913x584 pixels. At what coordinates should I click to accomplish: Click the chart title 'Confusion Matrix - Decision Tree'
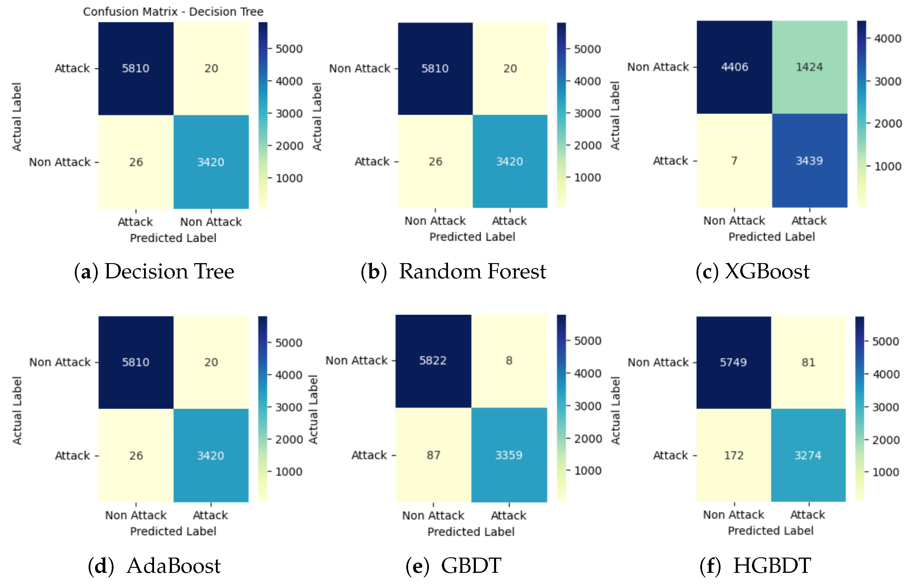click(x=173, y=12)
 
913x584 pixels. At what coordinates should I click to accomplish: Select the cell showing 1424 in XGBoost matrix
click(x=809, y=67)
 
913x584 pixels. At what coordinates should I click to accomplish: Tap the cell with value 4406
click(x=734, y=67)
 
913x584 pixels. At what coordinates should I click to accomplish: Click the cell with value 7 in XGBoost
click(x=734, y=161)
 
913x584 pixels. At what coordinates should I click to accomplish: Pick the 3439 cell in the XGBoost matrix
click(x=809, y=161)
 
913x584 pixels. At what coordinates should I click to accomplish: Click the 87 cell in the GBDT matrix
click(x=433, y=455)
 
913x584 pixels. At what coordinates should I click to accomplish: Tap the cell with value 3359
click(x=509, y=455)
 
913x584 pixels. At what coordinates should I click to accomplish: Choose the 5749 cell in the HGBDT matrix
click(x=733, y=362)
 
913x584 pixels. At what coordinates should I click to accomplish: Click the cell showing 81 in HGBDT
click(x=808, y=362)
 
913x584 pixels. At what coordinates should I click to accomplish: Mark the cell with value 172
click(x=733, y=455)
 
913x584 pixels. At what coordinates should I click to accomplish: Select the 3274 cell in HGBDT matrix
click(x=808, y=455)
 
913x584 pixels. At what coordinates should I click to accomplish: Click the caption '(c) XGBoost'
click(x=753, y=272)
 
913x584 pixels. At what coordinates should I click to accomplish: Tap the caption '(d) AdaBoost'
click(x=154, y=566)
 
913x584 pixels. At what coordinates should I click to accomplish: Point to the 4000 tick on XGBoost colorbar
click(x=887, y=38)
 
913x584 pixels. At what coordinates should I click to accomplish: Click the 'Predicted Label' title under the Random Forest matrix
click(x=472, y=237)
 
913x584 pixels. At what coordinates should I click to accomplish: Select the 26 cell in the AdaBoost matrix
click(x=136, y=456)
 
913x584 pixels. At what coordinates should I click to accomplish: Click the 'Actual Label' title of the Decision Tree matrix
click(x=17, y=117)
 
